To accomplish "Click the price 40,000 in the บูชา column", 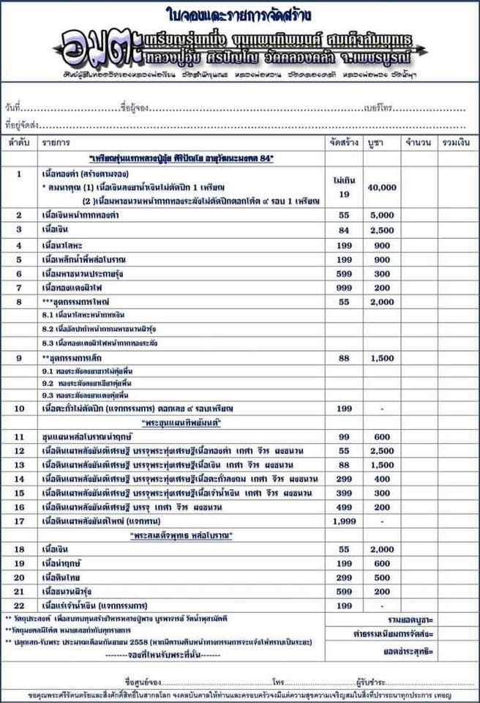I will coord(382,187).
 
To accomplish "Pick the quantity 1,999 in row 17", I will coord(343,521).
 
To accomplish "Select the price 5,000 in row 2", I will coord(382,215).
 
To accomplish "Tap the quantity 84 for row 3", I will coord(343,230).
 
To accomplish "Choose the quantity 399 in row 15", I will coord(343,492).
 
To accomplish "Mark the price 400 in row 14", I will coord(382,478).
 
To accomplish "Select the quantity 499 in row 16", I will coord(343,506).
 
